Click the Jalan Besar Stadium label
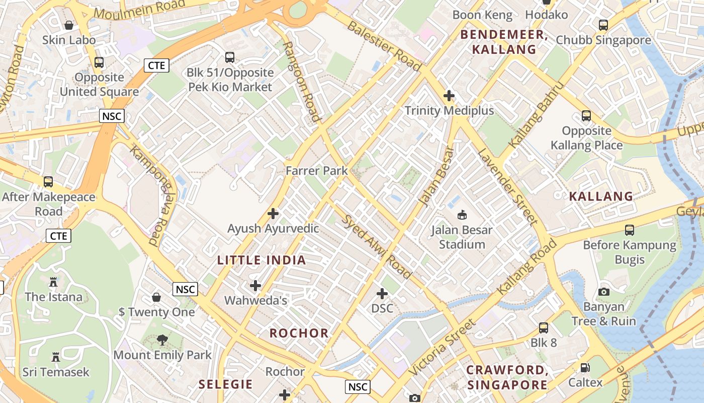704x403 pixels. [x=462, y=237]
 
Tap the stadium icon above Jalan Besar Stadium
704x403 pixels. [x=462, y=215]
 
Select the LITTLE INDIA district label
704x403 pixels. [x=261, y=260]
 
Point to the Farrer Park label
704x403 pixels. [x=317, y=171]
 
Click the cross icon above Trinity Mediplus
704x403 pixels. [x=449, y=96]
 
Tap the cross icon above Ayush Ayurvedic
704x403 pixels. [x=273, y=214]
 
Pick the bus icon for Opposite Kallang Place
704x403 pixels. [x=586, y=116]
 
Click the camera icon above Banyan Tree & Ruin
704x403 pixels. [x=604, y=292]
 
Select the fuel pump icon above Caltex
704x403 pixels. [x=585, y=368]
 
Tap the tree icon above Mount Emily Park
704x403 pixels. [x=162, y=340]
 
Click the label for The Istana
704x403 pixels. [x=53, y=297]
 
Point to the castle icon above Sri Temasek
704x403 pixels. [x=56, y=357]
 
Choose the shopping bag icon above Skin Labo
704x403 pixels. [x=69, y=25]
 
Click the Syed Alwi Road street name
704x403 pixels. [x=377, y=247]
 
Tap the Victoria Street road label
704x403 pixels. [x=442, y=348]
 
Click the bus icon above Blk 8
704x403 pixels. [x=544, y=328]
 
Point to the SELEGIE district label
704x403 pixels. [x=225, y=384]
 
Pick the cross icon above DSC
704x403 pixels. [x=382, y=293]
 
